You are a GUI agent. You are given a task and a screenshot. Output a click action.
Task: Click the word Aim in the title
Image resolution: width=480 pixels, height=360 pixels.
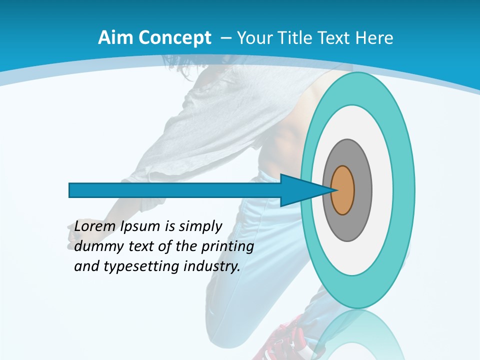[113, 38]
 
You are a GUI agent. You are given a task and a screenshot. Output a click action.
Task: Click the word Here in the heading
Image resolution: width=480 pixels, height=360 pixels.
[375, 38]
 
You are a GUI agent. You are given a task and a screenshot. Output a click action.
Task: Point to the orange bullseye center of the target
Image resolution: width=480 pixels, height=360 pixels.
[343, 190]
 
